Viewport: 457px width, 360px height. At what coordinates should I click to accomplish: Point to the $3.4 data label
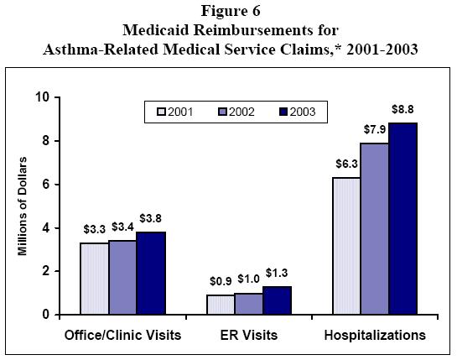122,227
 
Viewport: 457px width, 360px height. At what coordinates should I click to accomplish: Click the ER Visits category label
248,336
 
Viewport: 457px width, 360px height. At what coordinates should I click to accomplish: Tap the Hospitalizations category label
374,336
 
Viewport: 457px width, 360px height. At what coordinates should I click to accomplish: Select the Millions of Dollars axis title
22,206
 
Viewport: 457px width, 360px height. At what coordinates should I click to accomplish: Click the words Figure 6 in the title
227,13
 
